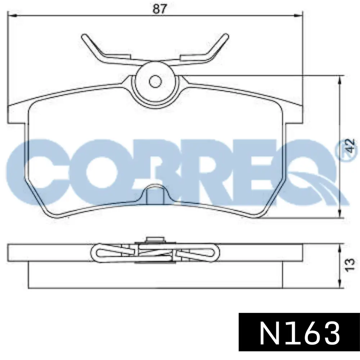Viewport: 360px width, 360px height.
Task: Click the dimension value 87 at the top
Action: pyautogui.click(x=159, y=9)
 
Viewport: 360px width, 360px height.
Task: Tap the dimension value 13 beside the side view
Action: pyautogui.click(x=350, y=265)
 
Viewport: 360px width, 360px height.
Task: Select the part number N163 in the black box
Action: pyautogui.click(x=300, y=333)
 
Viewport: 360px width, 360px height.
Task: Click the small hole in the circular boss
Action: pyautogui.click(x=156, y=81)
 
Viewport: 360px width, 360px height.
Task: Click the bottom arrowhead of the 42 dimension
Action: pyautogui.click(x=339, y=213)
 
